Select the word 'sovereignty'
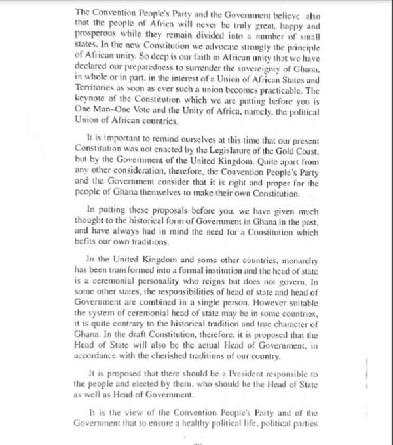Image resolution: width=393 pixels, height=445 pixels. (x=261, y=70)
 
